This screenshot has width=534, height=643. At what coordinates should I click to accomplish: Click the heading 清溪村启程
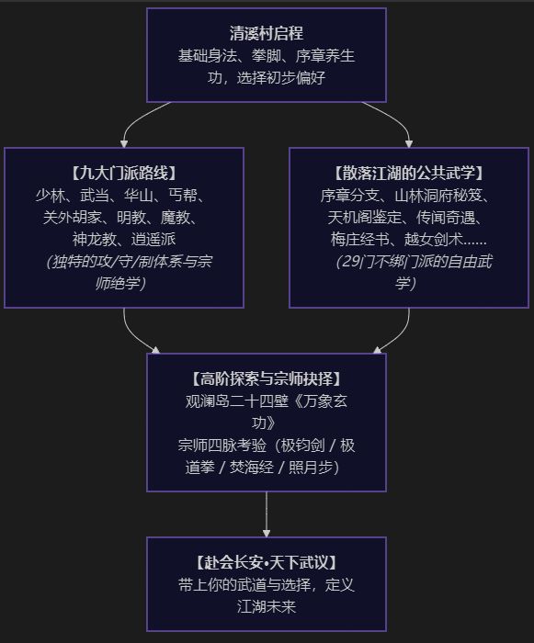(x=266, y=34)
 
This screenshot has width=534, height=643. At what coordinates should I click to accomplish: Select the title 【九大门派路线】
(x=124, y=173)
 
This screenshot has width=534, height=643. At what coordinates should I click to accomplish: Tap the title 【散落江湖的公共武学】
(x=409, y=173)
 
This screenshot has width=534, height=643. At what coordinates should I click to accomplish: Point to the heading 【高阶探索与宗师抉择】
(x=267, y=378)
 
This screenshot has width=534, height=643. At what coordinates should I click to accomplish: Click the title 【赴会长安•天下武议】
(x=267, y=562)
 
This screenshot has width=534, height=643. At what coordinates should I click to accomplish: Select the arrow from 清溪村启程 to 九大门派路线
(x=132, y=119)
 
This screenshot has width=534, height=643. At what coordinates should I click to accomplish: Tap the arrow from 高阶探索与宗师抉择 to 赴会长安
(x=267, y=514)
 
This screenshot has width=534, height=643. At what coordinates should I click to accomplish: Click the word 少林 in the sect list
(x=50, y=196)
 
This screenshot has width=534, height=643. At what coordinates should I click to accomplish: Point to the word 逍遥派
(x=153, y=240)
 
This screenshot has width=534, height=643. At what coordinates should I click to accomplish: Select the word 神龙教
(x=95, y=240)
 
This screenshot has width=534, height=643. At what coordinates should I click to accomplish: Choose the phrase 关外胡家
(x=73, y=218)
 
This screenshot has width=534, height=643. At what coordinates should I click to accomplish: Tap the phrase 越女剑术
(x=434, y=240)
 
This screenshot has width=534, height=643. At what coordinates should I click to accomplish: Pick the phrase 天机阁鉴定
(x=364, y=218)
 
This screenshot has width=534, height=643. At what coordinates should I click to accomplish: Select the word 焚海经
(x=251, y=467)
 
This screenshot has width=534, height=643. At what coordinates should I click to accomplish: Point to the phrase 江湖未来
(x=267, y=606)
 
